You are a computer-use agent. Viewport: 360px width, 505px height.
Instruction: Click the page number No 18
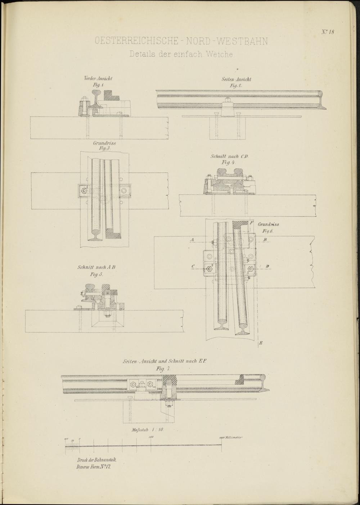(x=328, y=32)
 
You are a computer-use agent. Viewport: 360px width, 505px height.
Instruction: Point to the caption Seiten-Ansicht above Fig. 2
(x=237, y=79)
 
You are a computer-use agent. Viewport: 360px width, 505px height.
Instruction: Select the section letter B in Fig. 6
(x=265, y=240)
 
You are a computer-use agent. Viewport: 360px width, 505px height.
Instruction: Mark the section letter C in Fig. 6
(x=193, y=266)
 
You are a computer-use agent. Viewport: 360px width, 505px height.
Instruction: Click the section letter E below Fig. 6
(x=261, y=344)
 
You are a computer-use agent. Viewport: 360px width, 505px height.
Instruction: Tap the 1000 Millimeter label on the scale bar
(x=231, y=438)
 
